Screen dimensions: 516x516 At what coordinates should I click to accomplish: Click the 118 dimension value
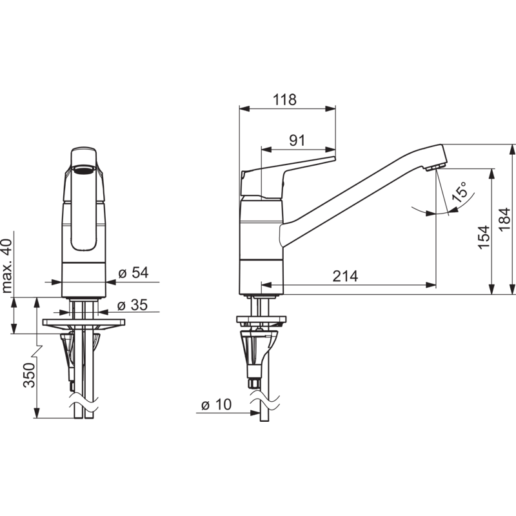pos(285,99)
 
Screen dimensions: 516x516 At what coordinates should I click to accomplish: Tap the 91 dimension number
pos(297,141)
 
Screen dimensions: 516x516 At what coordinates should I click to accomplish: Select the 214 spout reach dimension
pos(345,276)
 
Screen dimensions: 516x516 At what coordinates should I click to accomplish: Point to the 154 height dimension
pos(484,237)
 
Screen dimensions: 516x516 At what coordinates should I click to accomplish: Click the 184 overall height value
pos(505,219)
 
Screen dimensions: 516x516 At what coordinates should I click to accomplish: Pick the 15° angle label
pos(460,192)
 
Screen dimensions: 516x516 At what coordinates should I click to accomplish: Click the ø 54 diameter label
pos(134,272)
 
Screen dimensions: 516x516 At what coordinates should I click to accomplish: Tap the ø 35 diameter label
pos(132,304)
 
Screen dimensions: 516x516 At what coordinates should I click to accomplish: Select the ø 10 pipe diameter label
pos(216,404)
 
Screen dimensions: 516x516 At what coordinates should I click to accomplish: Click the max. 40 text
pos(6,266)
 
